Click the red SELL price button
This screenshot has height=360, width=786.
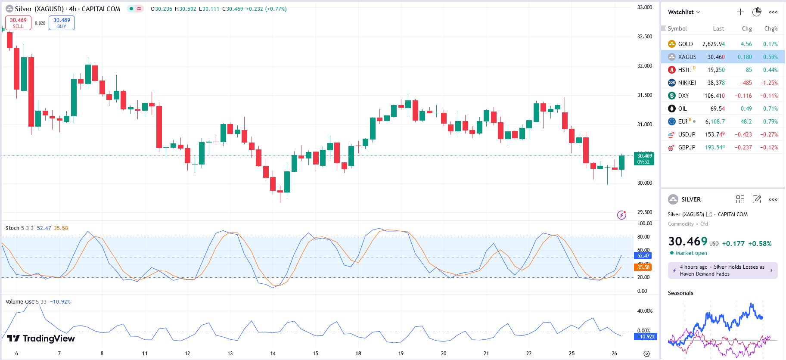18,23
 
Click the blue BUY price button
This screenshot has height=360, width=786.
62,23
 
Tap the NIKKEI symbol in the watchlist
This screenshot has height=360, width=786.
687,83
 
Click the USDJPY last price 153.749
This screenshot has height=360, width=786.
715,134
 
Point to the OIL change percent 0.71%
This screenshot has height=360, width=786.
770,109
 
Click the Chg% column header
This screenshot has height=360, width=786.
770,28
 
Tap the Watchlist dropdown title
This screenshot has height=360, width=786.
683,12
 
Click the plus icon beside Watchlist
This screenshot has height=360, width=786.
740,12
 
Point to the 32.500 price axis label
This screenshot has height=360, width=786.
645,37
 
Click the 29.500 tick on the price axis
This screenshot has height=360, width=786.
645,212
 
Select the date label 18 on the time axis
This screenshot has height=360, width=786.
358,354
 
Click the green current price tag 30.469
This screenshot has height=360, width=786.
644,158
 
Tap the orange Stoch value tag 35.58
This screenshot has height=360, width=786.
643,267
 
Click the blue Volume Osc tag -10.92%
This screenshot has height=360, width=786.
646,337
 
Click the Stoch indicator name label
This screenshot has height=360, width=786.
12,228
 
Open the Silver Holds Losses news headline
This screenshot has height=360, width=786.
722,270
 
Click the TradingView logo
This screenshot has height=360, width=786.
41,338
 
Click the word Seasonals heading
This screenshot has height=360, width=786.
680,293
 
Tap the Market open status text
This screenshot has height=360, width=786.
691,253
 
